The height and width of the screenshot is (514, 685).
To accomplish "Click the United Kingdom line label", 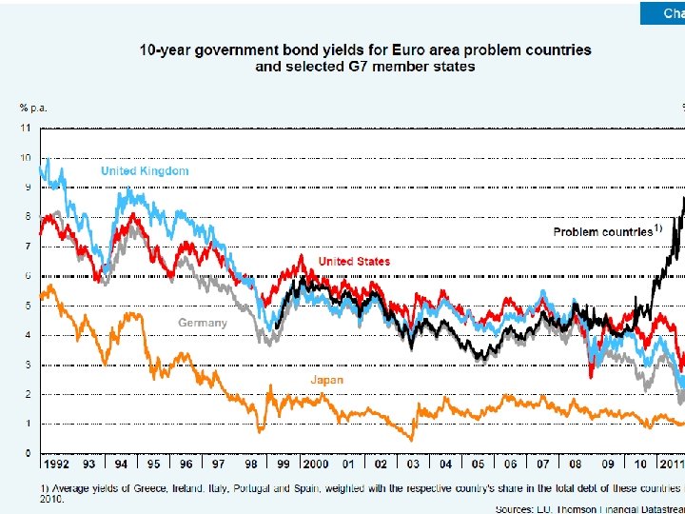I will coord(145,171).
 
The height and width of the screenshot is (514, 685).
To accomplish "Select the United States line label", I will coord(354,261).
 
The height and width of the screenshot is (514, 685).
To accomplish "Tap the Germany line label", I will coord(203,323).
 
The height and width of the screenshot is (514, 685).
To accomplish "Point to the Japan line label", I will coord(326,380).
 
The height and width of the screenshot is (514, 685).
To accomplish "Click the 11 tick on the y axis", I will coord(27,128).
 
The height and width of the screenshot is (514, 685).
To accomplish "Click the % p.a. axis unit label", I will coord(34,108).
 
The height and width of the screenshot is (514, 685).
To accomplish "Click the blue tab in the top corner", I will coord(662,12).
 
